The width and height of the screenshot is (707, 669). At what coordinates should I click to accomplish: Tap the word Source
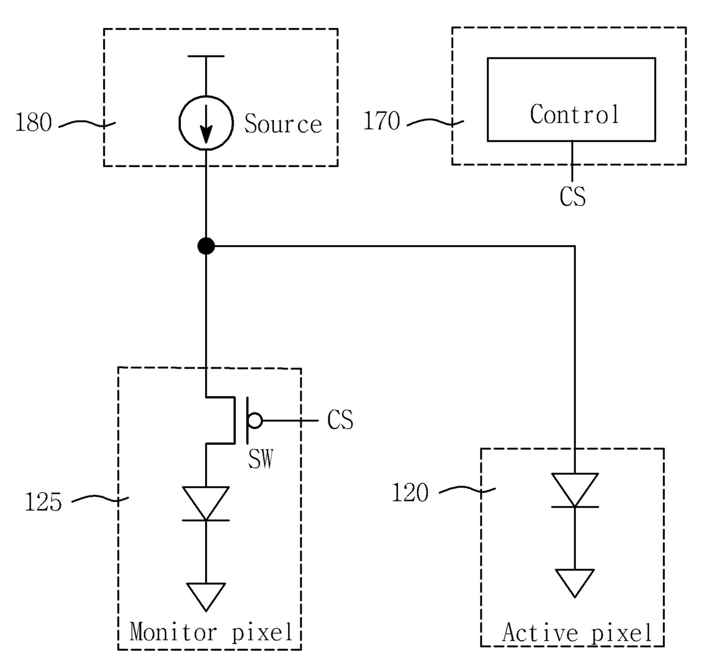[283, 123]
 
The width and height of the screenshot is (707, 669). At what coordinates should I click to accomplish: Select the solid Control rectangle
[488, 99]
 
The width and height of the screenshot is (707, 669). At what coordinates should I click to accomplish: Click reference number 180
[34, 123]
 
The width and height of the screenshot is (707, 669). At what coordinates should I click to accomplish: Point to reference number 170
[381, 120]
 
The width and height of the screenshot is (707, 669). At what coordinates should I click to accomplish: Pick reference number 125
[43, 502]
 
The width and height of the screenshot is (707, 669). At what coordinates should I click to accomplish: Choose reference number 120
[410, 492]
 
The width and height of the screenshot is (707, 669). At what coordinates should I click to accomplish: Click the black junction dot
[206, 246]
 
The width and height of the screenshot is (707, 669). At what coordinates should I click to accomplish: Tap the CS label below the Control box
[572, 196]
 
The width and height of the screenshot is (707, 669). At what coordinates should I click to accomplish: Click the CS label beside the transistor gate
[340, 420]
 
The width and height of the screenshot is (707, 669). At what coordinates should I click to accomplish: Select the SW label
[261, 459]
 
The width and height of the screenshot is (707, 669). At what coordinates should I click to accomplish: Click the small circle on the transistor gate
[255, 420]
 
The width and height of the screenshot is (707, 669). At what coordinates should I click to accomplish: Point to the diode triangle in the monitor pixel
[206, 504]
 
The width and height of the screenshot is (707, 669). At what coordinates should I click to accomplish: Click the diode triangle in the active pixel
[575, 490]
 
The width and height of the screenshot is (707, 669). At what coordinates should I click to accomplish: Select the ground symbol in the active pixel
[575, 583]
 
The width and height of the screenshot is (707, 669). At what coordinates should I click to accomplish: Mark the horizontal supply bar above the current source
[206, 56]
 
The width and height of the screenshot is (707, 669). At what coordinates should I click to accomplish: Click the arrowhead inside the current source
[206, 135]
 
